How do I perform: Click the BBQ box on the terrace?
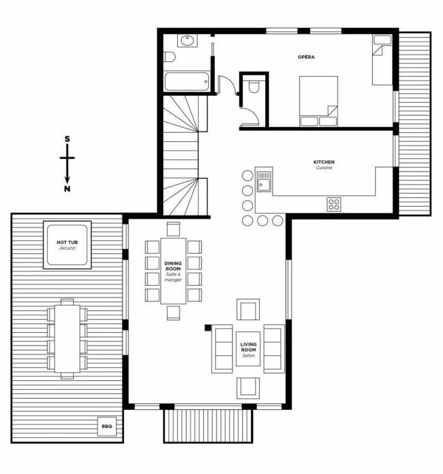(107, 426)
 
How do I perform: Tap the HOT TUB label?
(67, 242)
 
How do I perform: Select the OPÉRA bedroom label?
(306, 57)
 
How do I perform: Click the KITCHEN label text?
(324, 162)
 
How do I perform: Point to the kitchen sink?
(264, 182)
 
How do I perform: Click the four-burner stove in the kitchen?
(334, 204)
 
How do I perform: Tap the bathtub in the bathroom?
(187, 81)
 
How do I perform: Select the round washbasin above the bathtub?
(188, 41)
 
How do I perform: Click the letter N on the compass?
(67, 189)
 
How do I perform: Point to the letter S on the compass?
(67, 139)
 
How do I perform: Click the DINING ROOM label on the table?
(173, 266)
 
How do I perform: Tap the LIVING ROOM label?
(248, 347)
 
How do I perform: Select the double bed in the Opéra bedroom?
(318, 101)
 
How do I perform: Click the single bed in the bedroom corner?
(382, 60)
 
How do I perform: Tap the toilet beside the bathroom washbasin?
(169, 56)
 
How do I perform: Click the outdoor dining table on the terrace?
(67, 338)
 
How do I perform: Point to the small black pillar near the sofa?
(208, 327)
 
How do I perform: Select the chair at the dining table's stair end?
(173, 229)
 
